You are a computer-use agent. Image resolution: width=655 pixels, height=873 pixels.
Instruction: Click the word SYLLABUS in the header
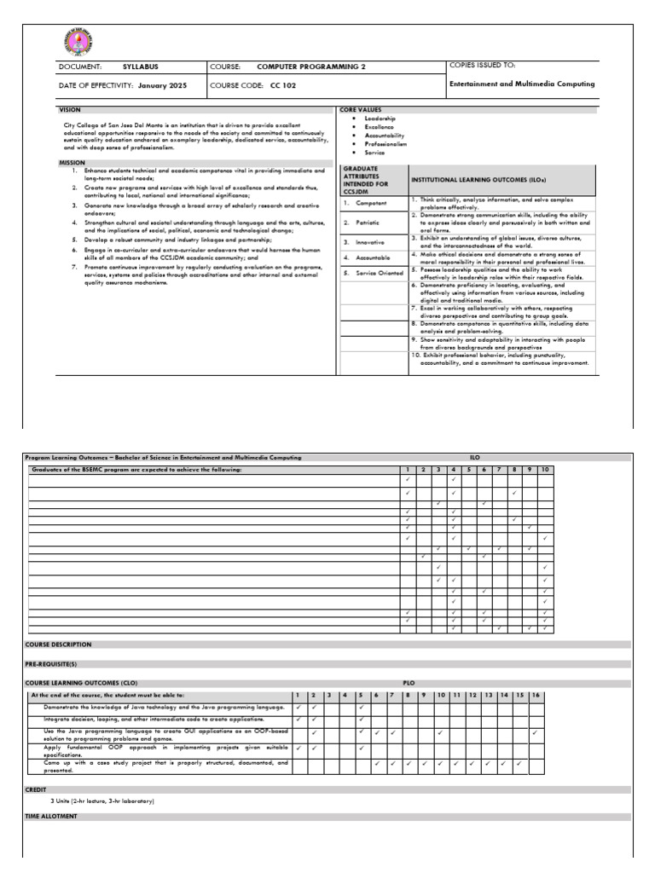(141, 66)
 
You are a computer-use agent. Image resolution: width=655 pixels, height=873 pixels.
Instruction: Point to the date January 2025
(166, 86)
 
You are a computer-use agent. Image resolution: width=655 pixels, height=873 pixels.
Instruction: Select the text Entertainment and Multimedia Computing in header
(521, 84)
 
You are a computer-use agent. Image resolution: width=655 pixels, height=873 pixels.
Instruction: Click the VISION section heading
(69, 111)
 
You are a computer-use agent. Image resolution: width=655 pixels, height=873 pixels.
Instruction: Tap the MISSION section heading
(72, 162)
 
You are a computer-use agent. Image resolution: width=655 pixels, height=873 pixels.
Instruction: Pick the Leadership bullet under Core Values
(380, 119)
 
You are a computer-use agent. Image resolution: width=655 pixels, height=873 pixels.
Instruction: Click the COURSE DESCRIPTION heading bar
(58, 645)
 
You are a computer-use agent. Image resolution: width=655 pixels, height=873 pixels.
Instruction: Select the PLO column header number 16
(535, 696)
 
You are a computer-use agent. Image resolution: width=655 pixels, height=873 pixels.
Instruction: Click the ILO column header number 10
(544, 470)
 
